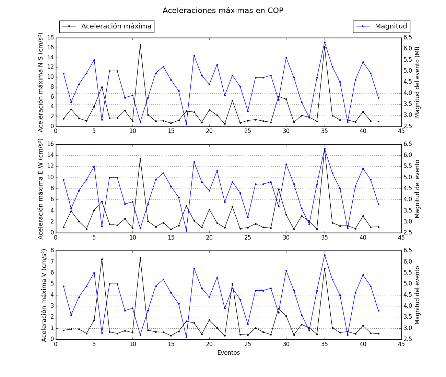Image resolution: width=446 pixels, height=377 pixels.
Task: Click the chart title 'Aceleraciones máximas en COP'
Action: [223, 11]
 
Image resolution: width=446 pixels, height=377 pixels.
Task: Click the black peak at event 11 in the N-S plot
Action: [140, 45]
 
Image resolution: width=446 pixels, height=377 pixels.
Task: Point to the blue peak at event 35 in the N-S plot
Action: [325, 42]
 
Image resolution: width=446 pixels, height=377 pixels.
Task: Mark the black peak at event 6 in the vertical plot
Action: [102, 259]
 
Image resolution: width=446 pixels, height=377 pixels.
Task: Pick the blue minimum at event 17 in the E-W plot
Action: [186, 231]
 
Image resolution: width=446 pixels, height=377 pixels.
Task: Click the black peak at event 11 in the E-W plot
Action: [140, 158]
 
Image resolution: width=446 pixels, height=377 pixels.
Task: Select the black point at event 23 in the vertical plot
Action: [232, 284]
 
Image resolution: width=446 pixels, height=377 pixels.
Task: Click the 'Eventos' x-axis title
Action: [228, 353]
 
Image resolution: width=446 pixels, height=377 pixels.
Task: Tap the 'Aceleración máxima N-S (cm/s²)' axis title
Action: [41, 82]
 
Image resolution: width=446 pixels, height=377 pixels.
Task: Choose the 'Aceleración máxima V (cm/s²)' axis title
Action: [44, 295]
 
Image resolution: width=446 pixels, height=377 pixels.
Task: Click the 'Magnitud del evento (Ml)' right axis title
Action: [418, 82]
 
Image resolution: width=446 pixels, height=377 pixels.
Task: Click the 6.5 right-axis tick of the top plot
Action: [408, 37]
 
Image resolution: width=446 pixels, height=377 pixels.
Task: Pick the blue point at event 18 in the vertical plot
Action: [194, 268]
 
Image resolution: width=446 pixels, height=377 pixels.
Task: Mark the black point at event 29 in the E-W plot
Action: [279, 189]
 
